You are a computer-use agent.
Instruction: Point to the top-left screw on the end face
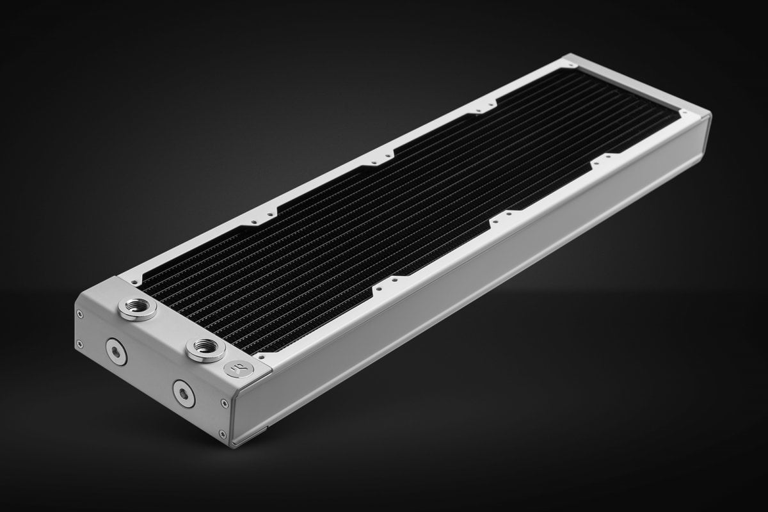point(79,314)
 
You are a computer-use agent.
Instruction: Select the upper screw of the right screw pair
point(223,403)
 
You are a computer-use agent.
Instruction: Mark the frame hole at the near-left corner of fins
point(136,280)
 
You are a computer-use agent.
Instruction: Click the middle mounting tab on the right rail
point(506,215)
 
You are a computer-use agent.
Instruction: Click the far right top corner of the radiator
point(710,115)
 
